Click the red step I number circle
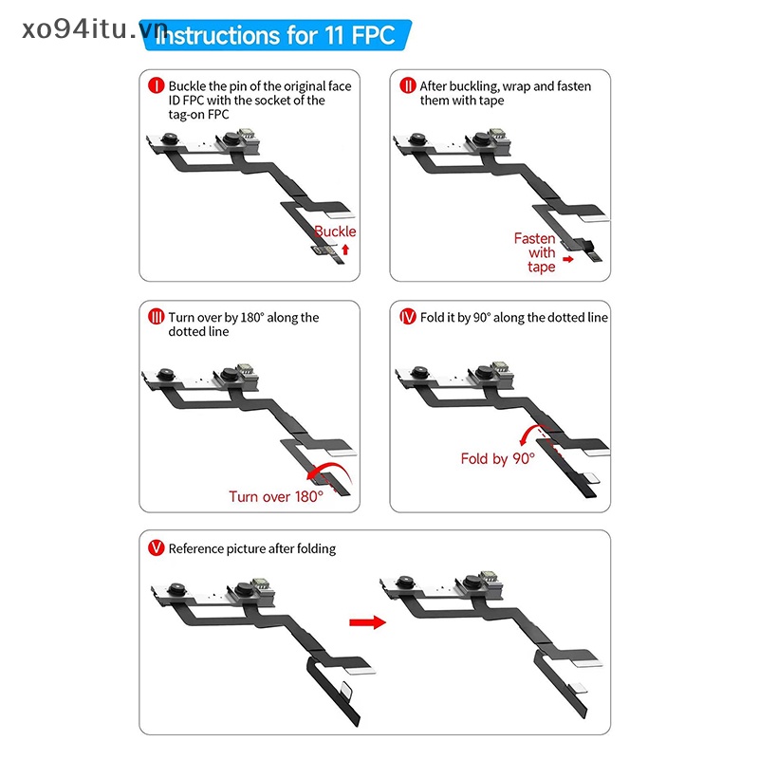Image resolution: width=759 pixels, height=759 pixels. click(156, 85)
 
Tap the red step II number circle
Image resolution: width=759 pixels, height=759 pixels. click(408, 85)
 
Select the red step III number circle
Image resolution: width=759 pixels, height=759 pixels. click(156, 317)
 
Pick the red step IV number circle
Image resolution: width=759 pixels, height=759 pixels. click(408, 317)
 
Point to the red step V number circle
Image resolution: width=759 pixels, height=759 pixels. click(156, 548)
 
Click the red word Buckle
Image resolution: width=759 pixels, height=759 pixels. click(335, 231)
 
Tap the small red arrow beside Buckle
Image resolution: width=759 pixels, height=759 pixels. click(345, 250)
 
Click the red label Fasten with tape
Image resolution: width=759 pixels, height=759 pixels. click(535, 252)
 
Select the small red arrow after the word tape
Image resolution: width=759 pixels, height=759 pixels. click(567, 259)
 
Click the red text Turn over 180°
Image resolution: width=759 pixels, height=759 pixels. click(276, 496)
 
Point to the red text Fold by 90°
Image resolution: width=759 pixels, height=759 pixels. click(497, 458)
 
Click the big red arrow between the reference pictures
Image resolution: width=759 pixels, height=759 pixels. click(367, 622)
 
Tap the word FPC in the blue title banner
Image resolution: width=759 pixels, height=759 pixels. click(373, 35)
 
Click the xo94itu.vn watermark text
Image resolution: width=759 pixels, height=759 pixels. click(94, 30)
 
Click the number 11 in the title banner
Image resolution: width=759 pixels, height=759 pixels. click(334, 35)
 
